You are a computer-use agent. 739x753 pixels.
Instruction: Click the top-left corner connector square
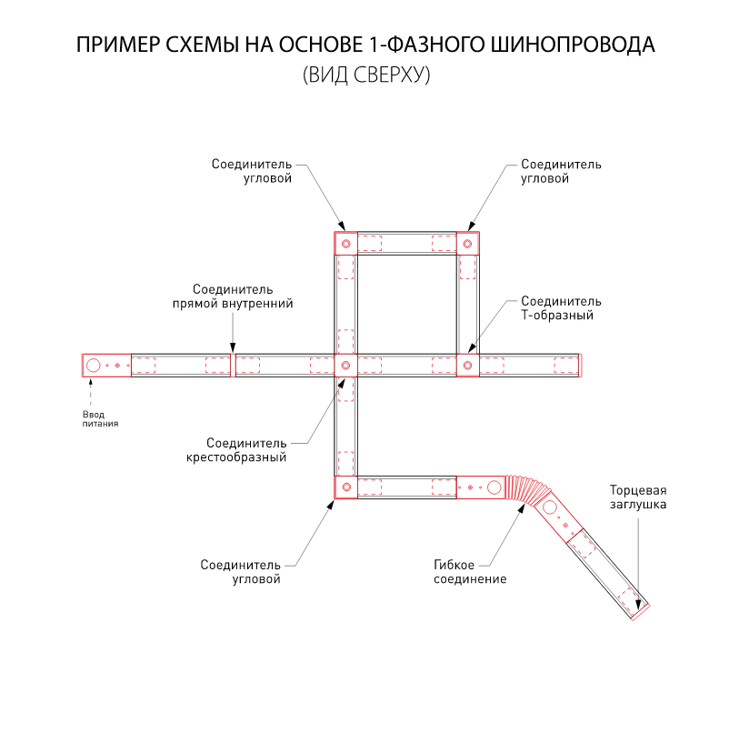pyautogui.click(x=345, y=243)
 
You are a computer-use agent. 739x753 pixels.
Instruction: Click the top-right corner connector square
pyautogui.click(x=467, y=243)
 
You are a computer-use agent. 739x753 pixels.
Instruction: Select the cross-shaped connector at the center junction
pyautogui.click(x=345, y=366)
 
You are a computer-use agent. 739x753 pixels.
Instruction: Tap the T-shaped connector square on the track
pyautogui.click(x=467, y=366)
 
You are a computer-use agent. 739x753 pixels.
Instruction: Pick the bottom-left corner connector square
pyautogui.click(x=345, y=487)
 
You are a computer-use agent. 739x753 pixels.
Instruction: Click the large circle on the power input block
pyautogui.click(x=94, y=366)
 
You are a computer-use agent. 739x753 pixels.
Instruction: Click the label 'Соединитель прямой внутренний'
pyautogui.click(x=233, y=296)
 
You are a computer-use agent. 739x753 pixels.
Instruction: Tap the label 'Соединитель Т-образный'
pyautogui.click(x=561, y=308)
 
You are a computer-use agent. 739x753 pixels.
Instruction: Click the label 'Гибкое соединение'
pyautogui.click(x=470, y=572)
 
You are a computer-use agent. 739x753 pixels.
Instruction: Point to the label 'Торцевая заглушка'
pyautogui.click(x=638, y=497)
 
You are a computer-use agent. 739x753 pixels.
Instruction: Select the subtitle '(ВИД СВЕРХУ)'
pyautogui.click(x=365, y=76)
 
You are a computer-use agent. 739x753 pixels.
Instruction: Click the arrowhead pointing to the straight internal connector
pyautogui.click(x=233, y=348)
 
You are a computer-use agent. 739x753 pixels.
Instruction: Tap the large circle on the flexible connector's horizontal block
pyautogui.click(x=494, y=487)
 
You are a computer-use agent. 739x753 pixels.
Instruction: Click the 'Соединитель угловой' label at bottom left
pyautogui.click(x=241, y=571)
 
